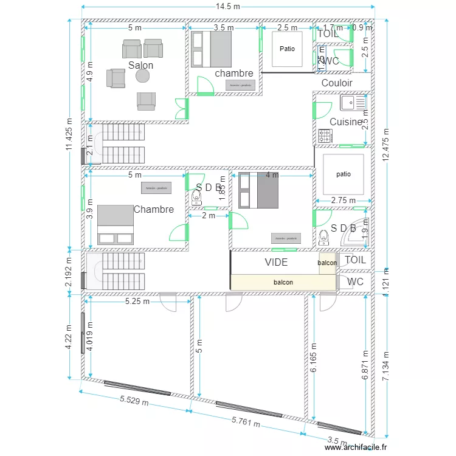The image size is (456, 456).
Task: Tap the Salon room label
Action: click(x=140, y=65)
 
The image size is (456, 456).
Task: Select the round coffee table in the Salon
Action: click(x=142, y=75)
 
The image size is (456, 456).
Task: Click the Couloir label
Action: click(x=337, y=83)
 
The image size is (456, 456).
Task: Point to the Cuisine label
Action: click(x=345, y=122)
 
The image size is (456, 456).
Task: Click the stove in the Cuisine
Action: click(x=325, y=136)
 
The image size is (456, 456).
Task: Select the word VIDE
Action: click(x=277, y=262)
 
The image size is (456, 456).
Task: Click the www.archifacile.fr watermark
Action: click(x=356, y=447)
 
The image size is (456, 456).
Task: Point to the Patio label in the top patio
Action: click(x=286, y=48)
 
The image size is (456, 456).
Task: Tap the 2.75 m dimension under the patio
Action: click(x=343, y=200)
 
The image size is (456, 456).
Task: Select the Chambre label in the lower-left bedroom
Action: click(x=153, y=209)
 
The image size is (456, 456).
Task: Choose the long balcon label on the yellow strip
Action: click(x=283, y=282)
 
